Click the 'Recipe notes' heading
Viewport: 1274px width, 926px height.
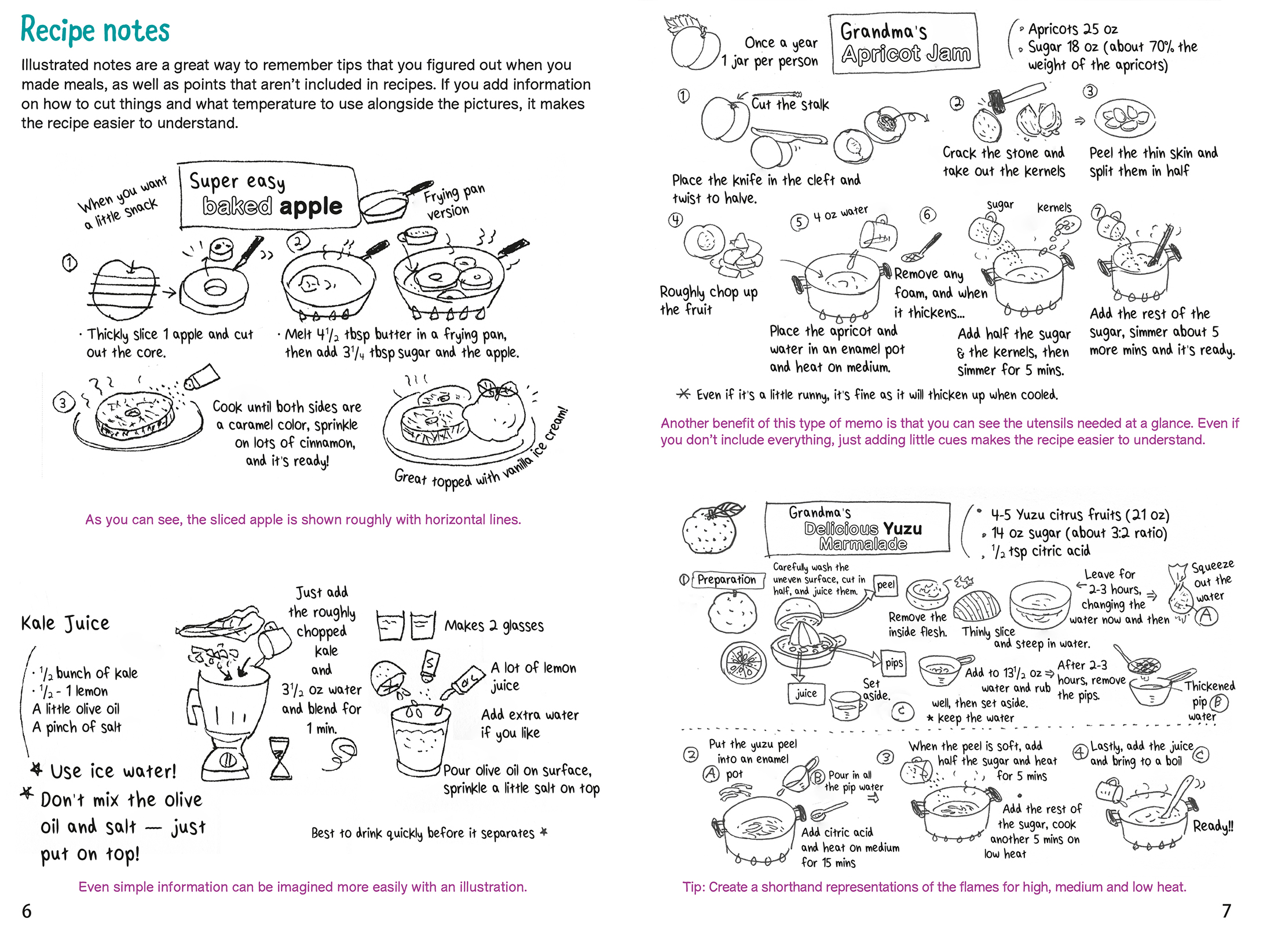95,30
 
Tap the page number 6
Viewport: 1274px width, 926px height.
27,911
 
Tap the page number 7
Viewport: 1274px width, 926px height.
1226,911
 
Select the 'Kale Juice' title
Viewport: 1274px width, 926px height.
65,623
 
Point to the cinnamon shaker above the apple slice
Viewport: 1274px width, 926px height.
202,377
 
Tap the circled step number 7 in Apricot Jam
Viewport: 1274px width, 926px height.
1097,212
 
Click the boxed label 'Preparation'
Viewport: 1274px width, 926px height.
726,579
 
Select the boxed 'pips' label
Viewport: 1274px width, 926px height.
894,663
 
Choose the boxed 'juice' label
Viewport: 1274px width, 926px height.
806,693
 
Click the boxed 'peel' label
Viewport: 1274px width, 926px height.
885,585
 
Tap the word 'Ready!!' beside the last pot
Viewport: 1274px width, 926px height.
1213,826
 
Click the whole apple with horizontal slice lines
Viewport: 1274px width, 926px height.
125,289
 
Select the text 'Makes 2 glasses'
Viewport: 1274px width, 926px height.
494,626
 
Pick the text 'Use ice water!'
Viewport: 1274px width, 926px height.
113,771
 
